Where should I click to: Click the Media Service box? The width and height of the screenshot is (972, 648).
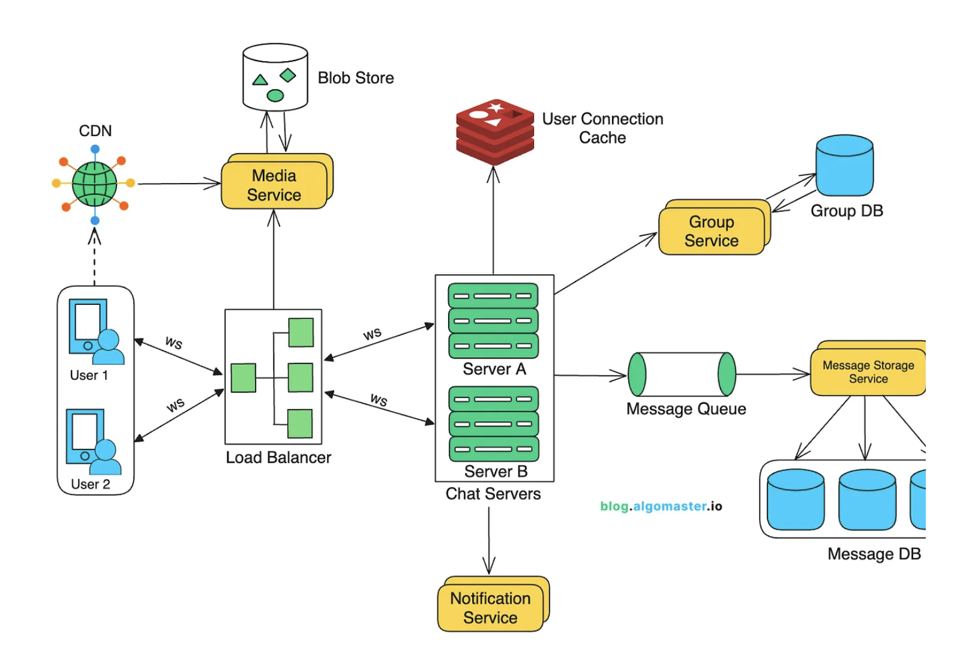[x=275, y=185]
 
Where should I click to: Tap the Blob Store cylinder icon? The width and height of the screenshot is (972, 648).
[x=275, y=77]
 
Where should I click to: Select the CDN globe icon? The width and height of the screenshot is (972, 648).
[x=94, y=184]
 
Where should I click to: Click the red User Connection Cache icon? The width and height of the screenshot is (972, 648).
[x=494, y=131]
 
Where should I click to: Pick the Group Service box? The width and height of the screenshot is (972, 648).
[x=712, y=231]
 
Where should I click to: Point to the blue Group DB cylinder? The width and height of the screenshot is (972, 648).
[x=844, y=165]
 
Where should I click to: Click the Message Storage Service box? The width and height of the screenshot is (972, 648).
[x=868, y=372]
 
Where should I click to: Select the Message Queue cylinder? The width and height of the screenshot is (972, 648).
[x=682, y=374]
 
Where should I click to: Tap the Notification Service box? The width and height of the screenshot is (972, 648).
[x=491, y=608]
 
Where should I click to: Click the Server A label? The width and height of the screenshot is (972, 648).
[x=494, y=369]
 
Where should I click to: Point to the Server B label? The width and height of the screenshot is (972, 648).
[x=496, y=472]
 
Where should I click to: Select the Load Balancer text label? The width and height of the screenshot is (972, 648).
[x=278, y=458]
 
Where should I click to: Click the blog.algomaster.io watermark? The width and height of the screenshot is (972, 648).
[x=661, y=506]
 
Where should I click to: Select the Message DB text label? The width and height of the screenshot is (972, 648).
[x=874, y=554]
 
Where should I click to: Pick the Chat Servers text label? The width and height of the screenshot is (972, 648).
[x=493, y=494]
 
